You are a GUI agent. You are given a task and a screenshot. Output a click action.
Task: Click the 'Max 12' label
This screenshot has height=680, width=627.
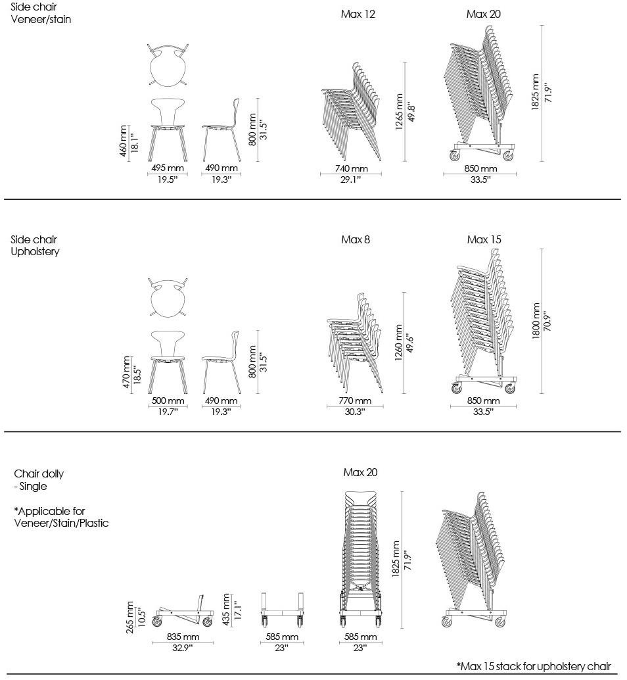[x=358, y=14]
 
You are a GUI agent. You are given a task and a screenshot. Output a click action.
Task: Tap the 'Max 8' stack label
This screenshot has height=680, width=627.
[x=356, y=240]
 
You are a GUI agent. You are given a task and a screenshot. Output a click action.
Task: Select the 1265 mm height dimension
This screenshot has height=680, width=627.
[x=400, y=112]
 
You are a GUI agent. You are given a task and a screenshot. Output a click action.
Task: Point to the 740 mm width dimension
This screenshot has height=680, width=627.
[x=350, y=168]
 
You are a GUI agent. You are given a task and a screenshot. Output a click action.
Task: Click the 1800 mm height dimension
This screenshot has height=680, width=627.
[x=537, y=321]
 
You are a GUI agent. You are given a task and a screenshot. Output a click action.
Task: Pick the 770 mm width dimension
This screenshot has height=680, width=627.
[x=355, y=401]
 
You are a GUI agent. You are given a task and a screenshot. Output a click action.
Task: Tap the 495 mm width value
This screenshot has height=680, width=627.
[x=167, y=168]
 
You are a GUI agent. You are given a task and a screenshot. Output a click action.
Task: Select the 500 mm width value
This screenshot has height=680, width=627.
[x=168, y=401]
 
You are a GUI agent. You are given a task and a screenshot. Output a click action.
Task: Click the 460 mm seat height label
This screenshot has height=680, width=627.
[x=124, y=140]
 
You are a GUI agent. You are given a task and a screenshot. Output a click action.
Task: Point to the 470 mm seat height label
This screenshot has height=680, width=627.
[x=127, y=372]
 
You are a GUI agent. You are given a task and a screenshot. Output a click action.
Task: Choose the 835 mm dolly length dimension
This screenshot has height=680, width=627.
[x=183, y=637]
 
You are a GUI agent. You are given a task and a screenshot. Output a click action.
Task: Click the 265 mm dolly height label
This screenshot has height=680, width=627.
[x=130, y=617]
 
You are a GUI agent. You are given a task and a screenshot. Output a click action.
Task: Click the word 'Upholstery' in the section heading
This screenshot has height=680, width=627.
[x=35, y=252]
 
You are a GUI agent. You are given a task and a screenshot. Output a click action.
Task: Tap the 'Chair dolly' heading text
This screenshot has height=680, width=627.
[x=39, y=474]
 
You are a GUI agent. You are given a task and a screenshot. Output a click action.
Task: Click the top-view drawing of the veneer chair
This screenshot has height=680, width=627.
[x=168, y=65]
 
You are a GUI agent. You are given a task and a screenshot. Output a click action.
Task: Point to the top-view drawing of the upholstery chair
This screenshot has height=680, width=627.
[x=168, y=297]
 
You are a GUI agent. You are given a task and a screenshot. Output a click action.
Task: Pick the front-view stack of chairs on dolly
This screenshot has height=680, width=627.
[x=360, y=559]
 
